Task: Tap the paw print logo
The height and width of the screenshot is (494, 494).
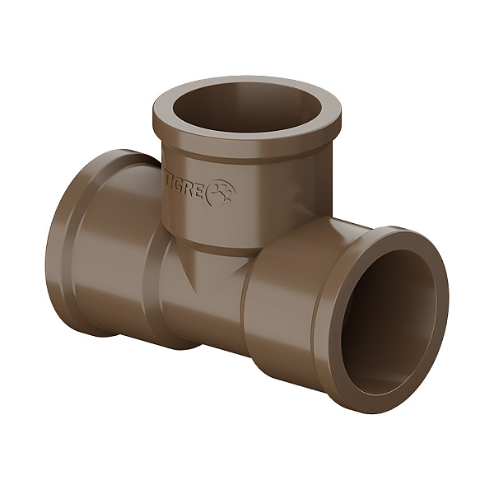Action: (x=221, y=193)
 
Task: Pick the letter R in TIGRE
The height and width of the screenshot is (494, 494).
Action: (x=191, y=191)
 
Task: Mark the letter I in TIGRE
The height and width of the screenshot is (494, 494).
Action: (x=173, y=183)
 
